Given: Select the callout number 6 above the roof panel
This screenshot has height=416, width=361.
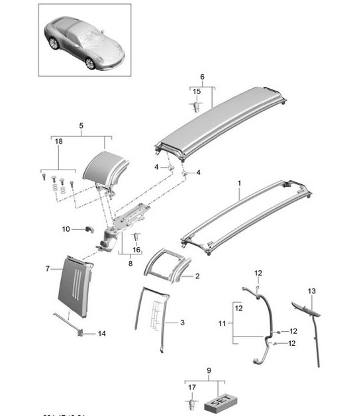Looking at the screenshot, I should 202,78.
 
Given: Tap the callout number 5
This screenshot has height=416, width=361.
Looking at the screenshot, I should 81,125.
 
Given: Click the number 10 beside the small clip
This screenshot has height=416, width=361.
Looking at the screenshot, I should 66,229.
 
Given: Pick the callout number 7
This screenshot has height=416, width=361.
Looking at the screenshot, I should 47,268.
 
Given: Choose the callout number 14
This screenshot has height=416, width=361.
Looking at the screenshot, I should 101,334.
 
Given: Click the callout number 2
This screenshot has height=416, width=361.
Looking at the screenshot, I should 197,274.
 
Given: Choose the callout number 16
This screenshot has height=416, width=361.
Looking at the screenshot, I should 137,250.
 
